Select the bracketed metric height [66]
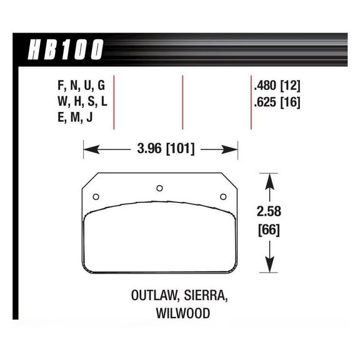coord(269,230)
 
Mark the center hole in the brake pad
coord(159,187)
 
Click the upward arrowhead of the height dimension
coord(269,180)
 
